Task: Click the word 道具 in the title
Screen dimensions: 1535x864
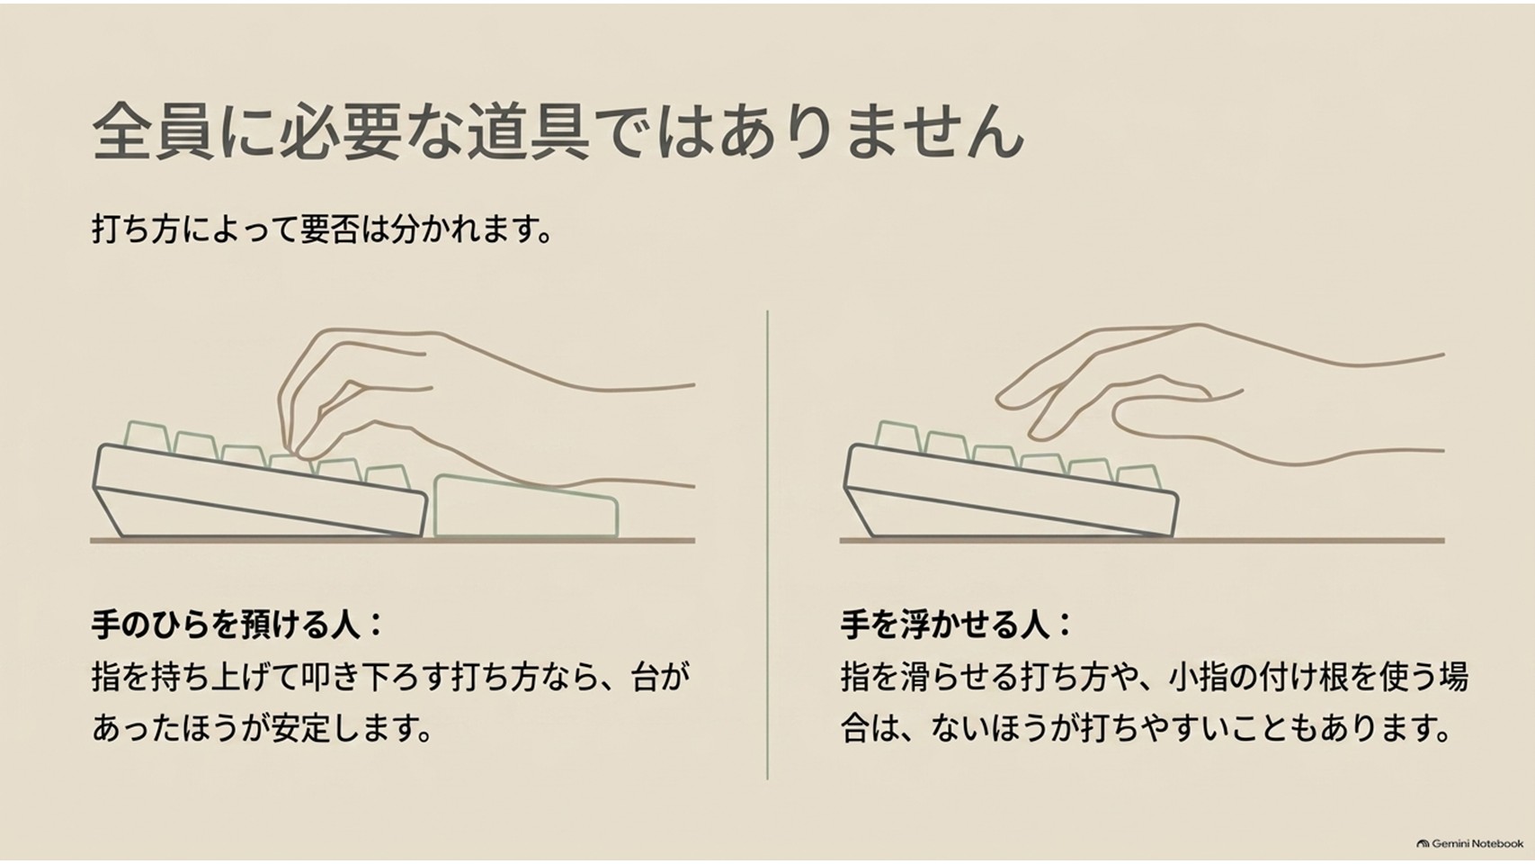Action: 528,131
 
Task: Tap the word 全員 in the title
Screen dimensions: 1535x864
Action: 152,131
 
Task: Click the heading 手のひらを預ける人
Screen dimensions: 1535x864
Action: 225,625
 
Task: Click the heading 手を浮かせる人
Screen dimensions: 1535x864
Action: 944,625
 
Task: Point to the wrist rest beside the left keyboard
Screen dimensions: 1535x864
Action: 526,506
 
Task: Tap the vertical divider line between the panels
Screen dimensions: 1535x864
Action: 767,545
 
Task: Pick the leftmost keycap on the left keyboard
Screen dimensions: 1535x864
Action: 147,436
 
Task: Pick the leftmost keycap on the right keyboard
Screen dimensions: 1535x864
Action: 898,436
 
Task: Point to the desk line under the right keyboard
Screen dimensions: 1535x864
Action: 1142,541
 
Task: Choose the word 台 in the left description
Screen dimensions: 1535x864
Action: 645,677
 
